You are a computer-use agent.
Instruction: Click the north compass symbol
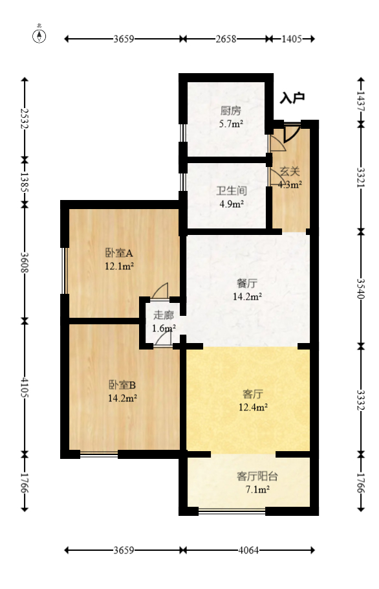tap(40, 35)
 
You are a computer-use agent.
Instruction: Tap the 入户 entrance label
tap(292, 98)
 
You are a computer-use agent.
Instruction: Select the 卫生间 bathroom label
tap(231, 192)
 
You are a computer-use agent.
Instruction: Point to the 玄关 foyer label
tap(290, 172)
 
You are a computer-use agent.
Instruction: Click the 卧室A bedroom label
tap(119, 252)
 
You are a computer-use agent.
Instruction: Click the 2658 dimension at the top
tap(226, 39)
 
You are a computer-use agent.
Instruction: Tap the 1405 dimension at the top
tap(292, 39)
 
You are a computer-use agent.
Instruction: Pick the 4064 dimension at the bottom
tap(249, 551)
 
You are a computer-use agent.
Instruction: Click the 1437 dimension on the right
tap(361, 102)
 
